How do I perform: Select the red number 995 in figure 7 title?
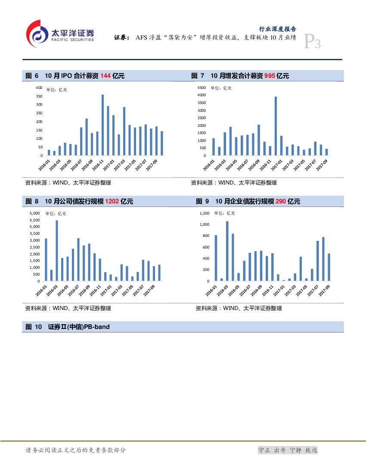[x=270, y=76]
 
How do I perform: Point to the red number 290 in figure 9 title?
[x=281, y=202]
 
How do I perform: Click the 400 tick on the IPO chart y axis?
[x=39, y=88]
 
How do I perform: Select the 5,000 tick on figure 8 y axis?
[x=34, y=213]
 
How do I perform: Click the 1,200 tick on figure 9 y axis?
[x=204, y=213]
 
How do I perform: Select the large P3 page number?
[x=312, y=42]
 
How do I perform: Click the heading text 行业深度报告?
[x=277, y=29]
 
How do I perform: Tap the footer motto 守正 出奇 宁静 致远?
[x=287, y=450]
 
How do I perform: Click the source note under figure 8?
[x=68, y=308]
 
